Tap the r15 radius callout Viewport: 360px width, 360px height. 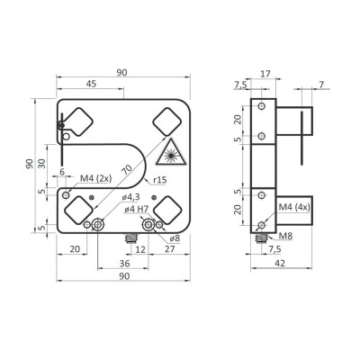click(158, 180)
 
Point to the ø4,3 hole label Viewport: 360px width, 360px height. click(131, 197)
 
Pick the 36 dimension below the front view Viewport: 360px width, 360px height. click(123, 264)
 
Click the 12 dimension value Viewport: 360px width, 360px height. click(128, 248)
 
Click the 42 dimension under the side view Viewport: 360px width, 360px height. click(281, 265)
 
